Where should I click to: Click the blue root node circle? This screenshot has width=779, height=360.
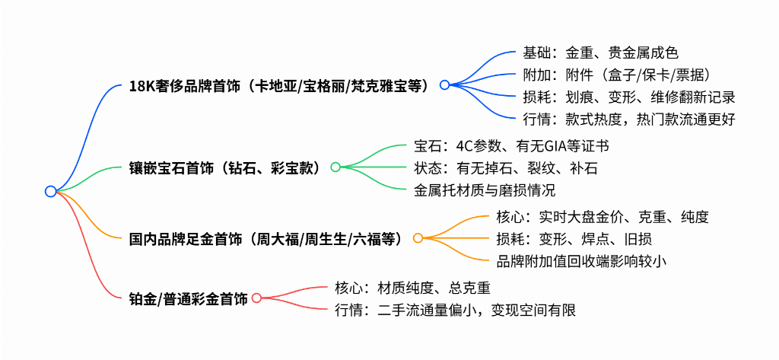click(50, 192)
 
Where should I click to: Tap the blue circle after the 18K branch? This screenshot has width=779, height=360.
click(444, 84)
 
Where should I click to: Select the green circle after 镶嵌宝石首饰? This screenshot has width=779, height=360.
click(335, 167)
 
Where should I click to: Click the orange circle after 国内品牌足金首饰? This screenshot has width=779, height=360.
click(418, 238)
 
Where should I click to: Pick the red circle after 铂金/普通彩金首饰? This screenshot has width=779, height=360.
click(256, 298)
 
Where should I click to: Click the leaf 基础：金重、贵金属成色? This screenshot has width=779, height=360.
click(601, 53)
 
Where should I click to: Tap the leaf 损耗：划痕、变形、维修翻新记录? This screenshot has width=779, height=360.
click(629, 97)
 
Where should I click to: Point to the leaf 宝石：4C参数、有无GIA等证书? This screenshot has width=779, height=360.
click(512, 146)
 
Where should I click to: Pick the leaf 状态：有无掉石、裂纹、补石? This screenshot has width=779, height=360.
click(505, 168)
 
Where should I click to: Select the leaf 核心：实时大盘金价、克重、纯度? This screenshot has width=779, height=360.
click(603, 217)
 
